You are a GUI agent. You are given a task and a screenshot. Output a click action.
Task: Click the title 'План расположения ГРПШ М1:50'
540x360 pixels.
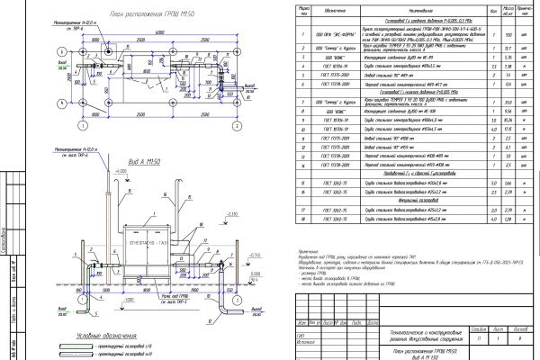point(109,15)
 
